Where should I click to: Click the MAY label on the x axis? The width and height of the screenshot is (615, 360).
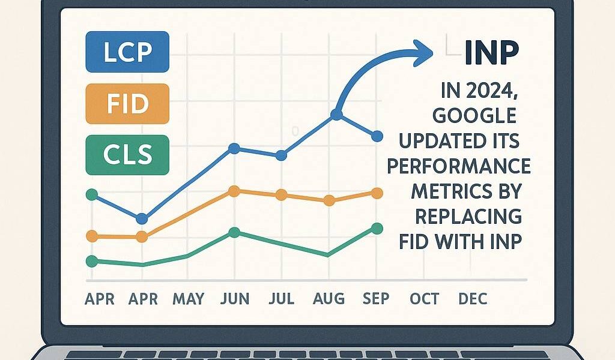click(x=188, y=298)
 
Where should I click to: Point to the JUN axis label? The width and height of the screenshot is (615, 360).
click(x=235, y=298)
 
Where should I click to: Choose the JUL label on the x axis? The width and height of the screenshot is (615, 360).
click(x=281, y=298)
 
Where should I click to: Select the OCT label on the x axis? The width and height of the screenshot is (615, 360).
click(x=425, y=298)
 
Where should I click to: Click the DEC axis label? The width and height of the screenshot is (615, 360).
click(x=472, y=298)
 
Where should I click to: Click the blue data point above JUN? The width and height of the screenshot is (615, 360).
click(x=234, y=148)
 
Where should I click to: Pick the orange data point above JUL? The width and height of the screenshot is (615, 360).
click(x=281, y=195)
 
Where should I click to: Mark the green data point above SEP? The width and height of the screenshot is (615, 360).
click(x=377, y=228)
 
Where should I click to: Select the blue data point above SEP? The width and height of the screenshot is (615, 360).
click(x=377, y=136)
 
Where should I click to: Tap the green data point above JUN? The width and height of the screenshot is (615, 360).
click(x=234, y=232)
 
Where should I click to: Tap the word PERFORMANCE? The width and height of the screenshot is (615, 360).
click(x=458, y=166)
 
